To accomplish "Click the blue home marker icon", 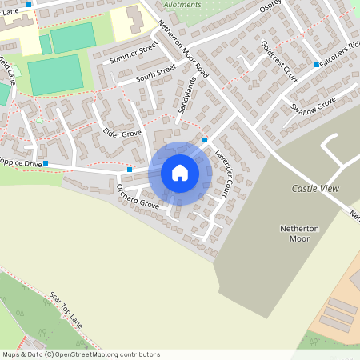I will click(179, 173).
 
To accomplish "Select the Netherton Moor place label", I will click(299, 233).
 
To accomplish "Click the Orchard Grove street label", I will click(138, 197).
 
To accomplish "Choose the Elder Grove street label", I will click(122, 131).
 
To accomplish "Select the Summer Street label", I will click(134, 54).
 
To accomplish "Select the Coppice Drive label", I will click(19, 163).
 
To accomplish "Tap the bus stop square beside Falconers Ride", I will click(318, 64).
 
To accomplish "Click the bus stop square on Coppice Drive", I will click(46, 163).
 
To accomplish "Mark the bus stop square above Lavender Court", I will click(205, 140).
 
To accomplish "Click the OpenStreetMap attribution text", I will click(80, 354).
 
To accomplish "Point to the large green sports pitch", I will click(55, 74).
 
